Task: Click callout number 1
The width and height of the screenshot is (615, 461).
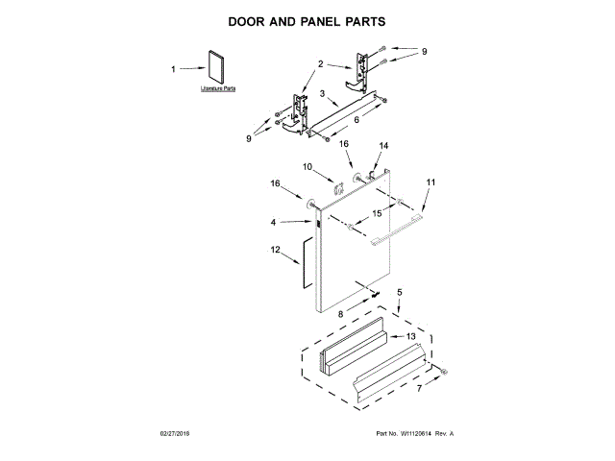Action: pos(174,69)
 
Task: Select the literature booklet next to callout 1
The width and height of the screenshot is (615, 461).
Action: pos(212,67)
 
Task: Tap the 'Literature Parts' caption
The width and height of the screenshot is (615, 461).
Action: pos(218,88)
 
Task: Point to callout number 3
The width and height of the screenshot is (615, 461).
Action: pos(324,95)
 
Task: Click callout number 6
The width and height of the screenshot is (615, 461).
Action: pos(356,120)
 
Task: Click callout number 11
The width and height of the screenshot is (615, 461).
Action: pos(430,182)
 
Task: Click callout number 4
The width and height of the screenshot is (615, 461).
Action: pos(274,223)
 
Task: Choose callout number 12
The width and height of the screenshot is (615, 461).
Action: pos(275,252)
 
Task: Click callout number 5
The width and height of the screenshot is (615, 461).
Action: pos(400,290)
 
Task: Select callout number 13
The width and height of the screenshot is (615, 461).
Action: pos(410,336)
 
